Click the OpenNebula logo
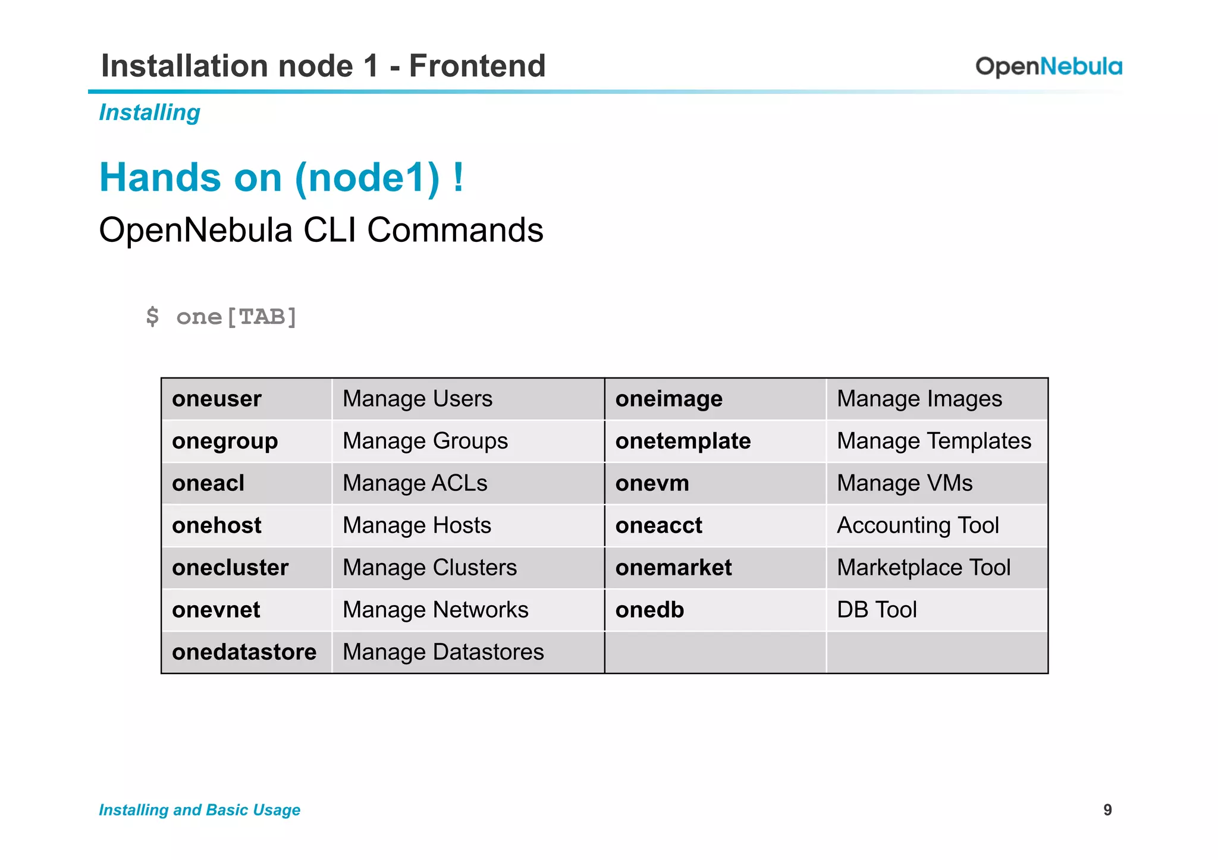(1049, 67)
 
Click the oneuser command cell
(216, 399)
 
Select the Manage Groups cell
(425, 441)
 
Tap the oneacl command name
(208, 483)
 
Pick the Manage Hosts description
(417, 525)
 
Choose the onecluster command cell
(230, 568)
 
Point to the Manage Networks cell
(435, 610)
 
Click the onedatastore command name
(244, 652)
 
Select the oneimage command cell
(668, 399)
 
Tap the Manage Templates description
(934, 441)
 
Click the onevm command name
(652, 483)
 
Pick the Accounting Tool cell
(918, 525)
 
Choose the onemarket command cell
(673, 568)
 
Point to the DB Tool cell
(877, 610)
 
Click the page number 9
(1107, 810)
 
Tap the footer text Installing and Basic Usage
(199, 810)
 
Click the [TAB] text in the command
(262, 317)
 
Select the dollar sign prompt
(152, 316)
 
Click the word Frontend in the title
(477, 65)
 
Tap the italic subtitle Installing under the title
(149, 112)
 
